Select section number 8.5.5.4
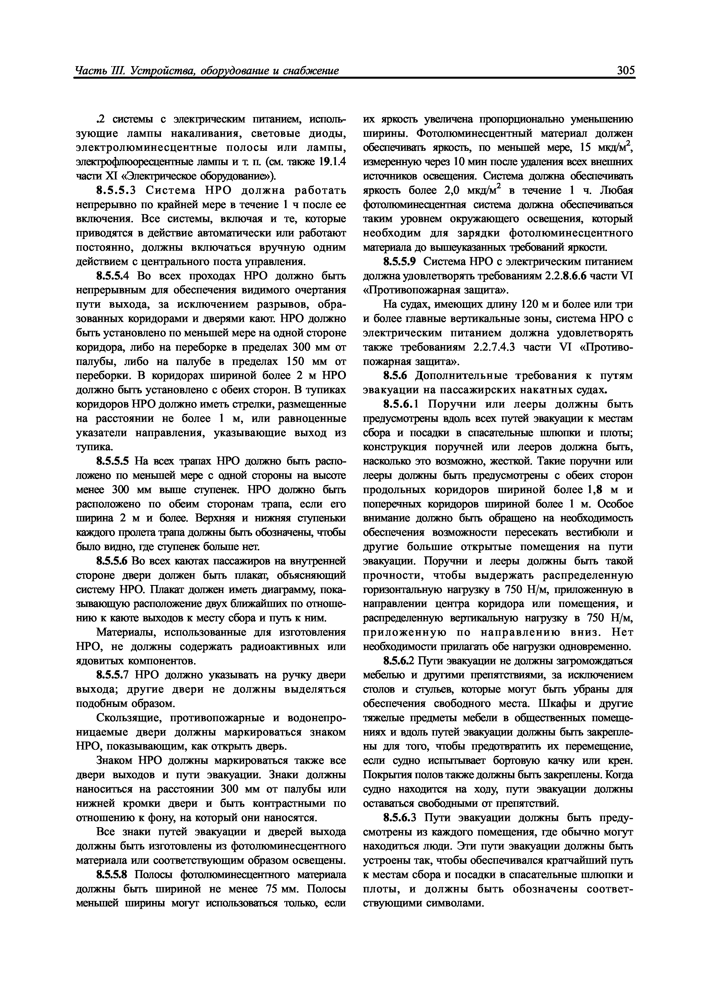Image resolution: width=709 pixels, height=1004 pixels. pos(114,276)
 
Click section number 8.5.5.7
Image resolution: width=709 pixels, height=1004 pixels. pos(114,675)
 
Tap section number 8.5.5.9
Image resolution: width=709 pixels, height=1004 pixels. pos(401,262)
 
